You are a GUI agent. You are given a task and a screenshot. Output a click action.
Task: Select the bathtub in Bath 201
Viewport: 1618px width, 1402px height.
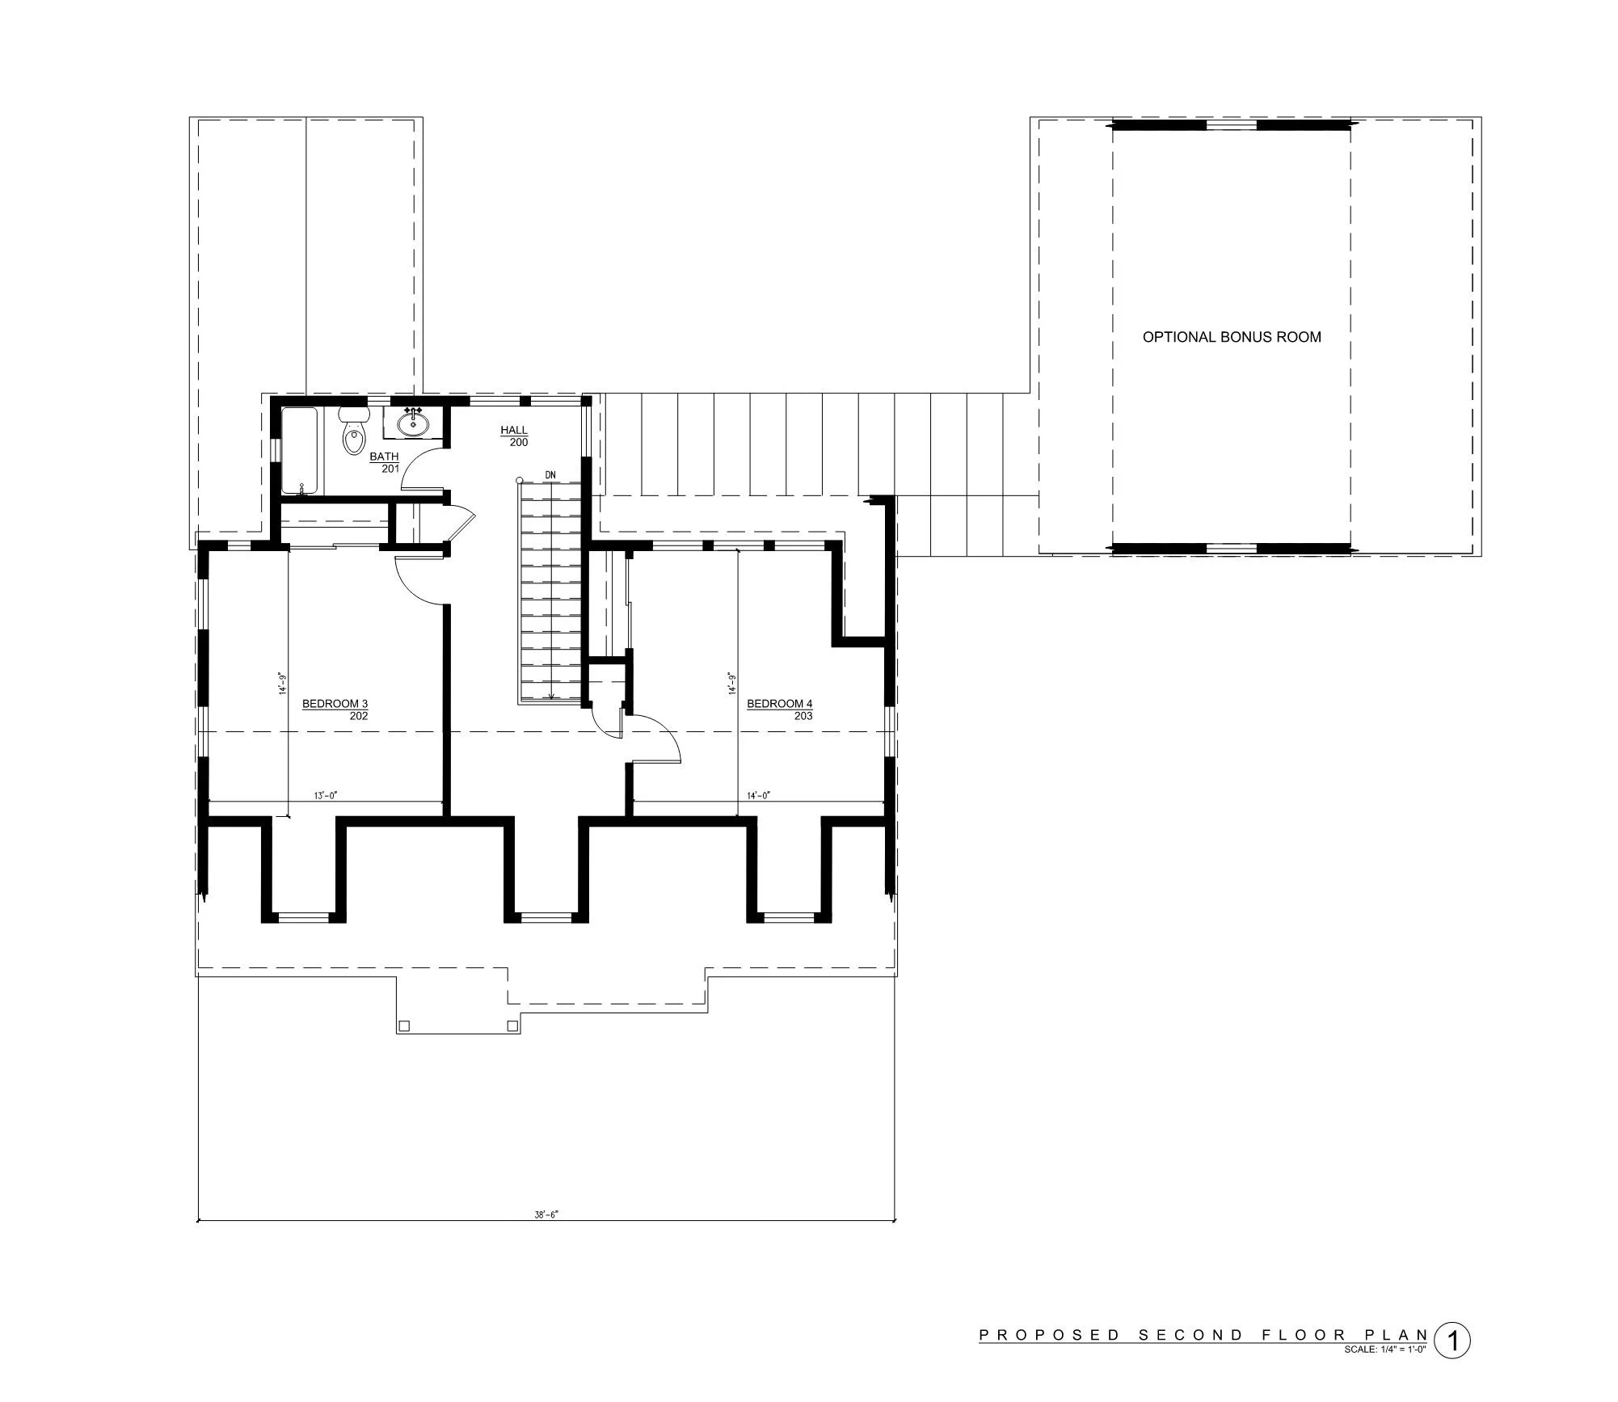point(301,451)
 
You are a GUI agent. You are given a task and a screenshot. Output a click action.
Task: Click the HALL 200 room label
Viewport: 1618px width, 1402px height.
point(514,436)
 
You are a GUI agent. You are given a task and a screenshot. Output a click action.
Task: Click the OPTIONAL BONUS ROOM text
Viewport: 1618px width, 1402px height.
point(1232,337)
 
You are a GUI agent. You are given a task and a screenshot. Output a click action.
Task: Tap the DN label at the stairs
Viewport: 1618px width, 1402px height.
point(550,474)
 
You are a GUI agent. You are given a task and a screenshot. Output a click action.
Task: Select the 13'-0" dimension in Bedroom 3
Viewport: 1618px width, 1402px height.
point(325,796)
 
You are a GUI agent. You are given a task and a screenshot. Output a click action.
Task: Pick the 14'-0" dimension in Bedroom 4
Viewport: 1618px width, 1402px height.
point(757,796)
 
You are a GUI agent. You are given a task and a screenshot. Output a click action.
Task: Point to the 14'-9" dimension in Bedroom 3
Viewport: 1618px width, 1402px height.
point(283,683)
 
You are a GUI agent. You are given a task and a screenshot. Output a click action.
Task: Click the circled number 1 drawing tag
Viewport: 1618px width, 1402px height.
point(1452,1341)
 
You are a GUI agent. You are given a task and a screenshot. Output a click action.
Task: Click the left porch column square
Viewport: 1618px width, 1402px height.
point(405,1026)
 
